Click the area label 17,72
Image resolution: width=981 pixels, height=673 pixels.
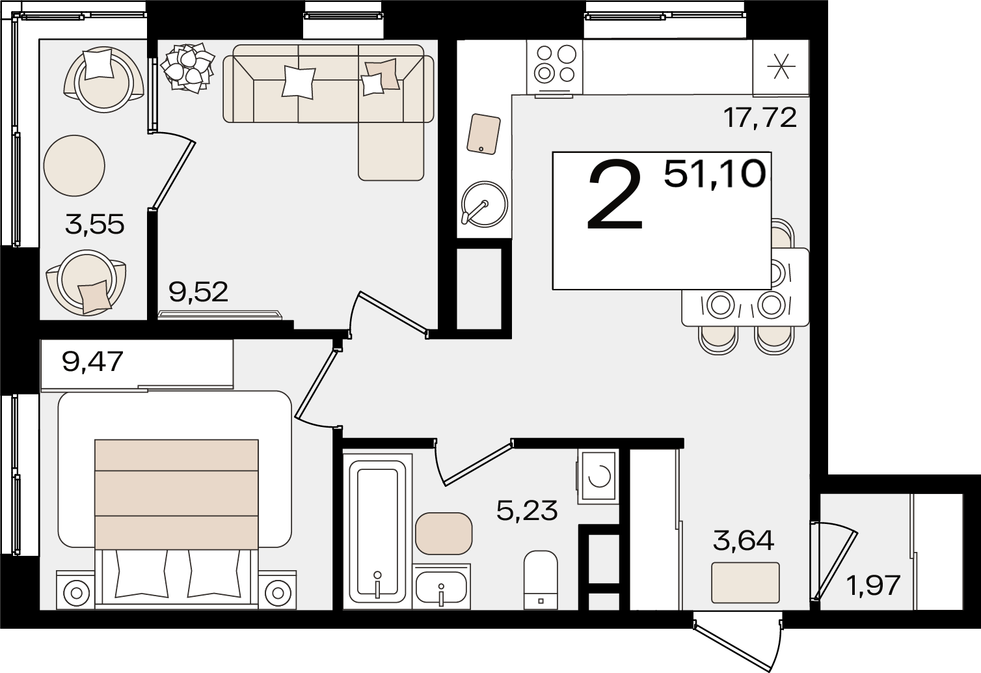coord(760,117)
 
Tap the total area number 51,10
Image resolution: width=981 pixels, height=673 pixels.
coord(715,174)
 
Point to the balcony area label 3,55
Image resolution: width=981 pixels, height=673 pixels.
coord(94,224)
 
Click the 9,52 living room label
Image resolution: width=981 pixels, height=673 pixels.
coord(198,292)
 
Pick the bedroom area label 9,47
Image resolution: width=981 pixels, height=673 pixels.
coord(92,362)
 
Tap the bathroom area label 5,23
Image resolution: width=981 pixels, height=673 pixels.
coord(527,510)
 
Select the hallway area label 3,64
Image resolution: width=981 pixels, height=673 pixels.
coord(744,540)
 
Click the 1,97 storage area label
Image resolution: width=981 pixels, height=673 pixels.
coord(874,585)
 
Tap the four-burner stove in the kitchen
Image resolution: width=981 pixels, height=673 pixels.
coord(555,67)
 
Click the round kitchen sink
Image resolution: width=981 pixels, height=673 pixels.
coord(485,204)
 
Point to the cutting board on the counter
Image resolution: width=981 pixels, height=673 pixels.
coord(483,133)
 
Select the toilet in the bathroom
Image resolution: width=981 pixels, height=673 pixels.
coord(541,580)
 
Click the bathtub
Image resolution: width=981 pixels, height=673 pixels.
coord(377,532)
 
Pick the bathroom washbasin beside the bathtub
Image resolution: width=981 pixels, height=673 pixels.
coord(442,586)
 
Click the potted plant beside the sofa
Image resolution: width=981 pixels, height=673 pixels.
coord(187,68)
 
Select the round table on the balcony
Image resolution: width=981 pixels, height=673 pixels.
coord(74,165)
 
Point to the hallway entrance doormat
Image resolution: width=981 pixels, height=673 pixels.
coord(746,583)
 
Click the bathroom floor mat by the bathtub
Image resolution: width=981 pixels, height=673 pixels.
coord(444,533)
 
